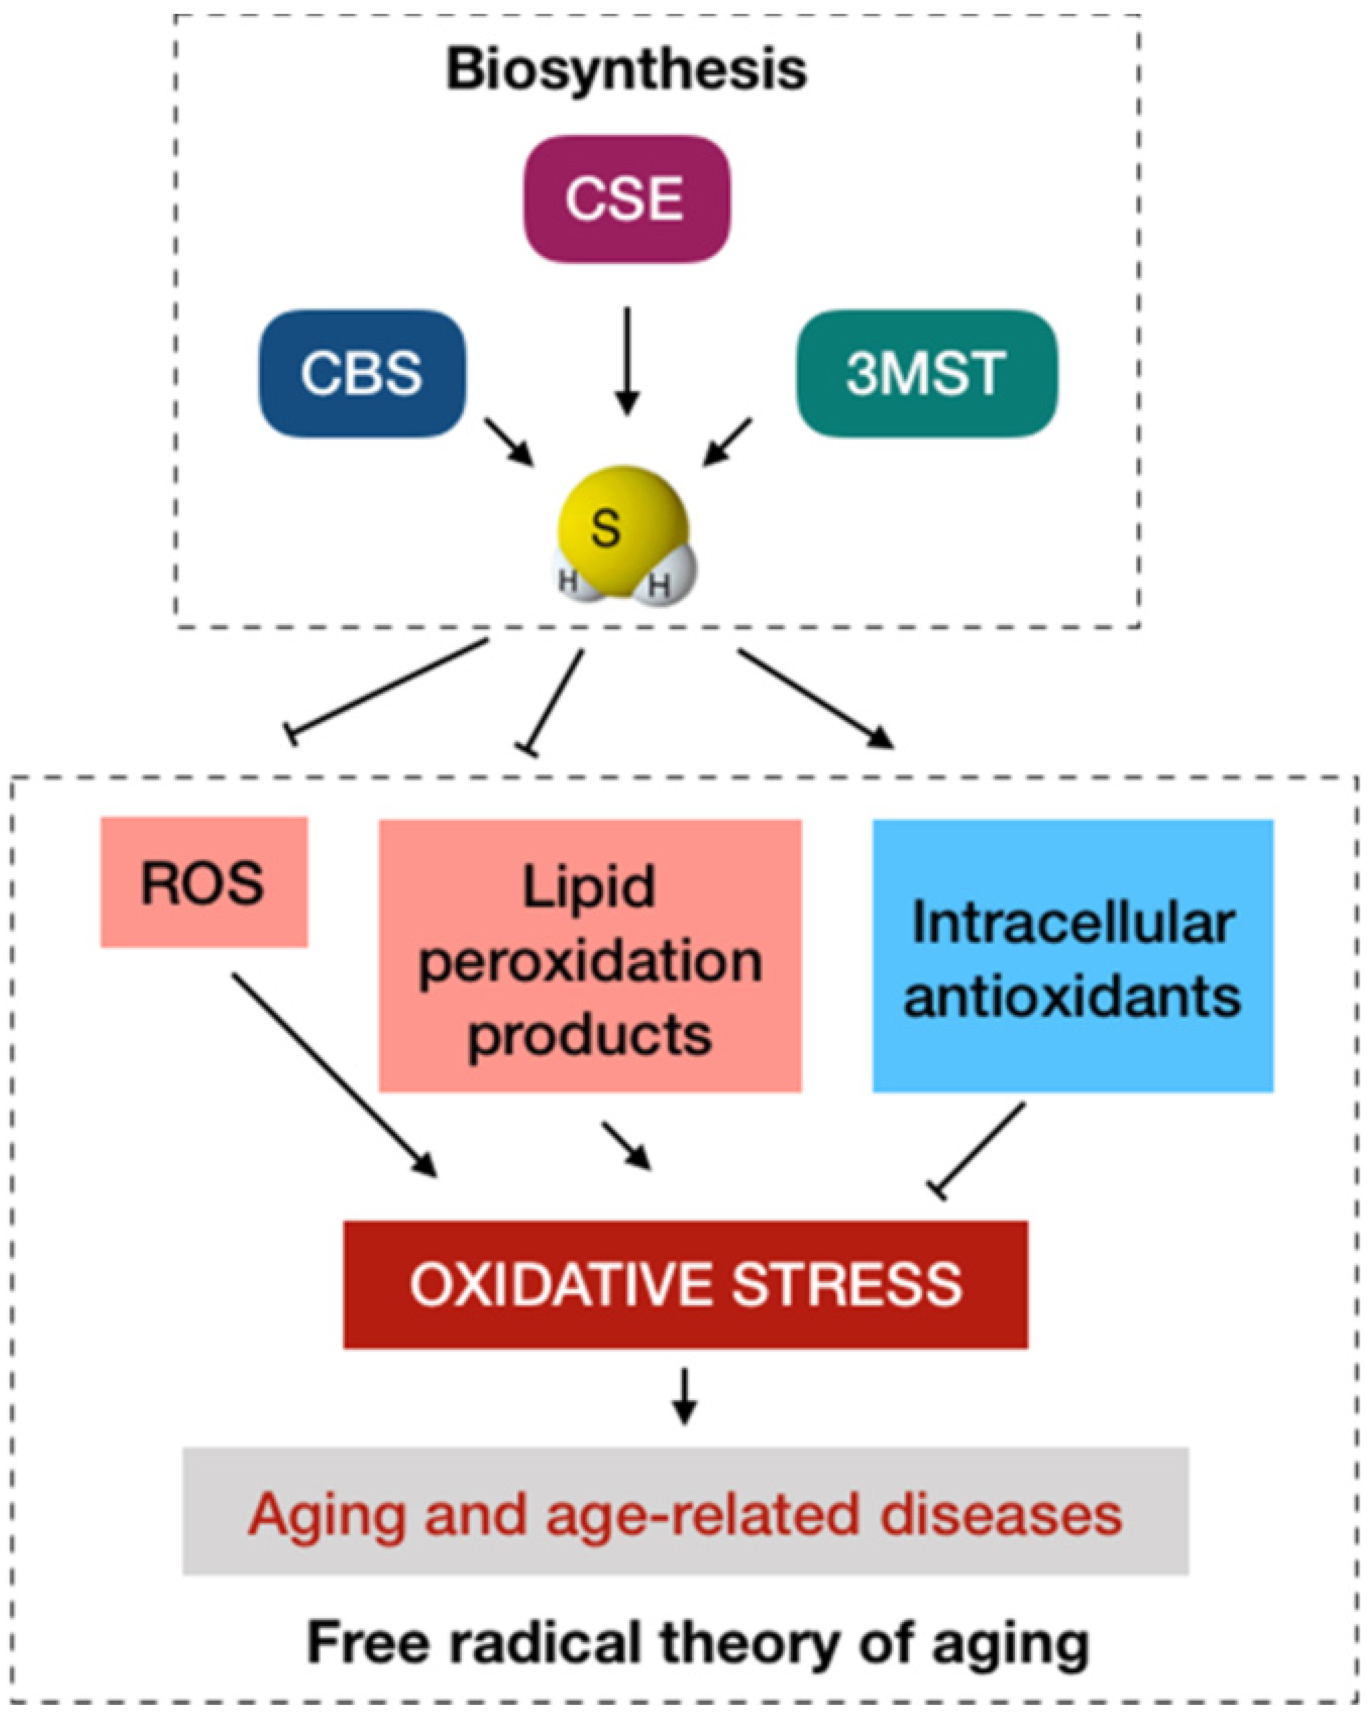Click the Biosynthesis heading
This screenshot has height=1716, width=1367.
[x=626, y=70]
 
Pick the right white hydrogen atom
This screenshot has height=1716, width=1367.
[x=667, y=579]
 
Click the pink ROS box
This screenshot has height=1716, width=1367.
[x=204, y=882]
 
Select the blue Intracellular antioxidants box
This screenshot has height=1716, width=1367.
[x=1073, y=955]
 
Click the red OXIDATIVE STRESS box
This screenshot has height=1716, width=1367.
[x=685, y=1285]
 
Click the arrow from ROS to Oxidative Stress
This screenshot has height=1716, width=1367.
[x=334, y=1075]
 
